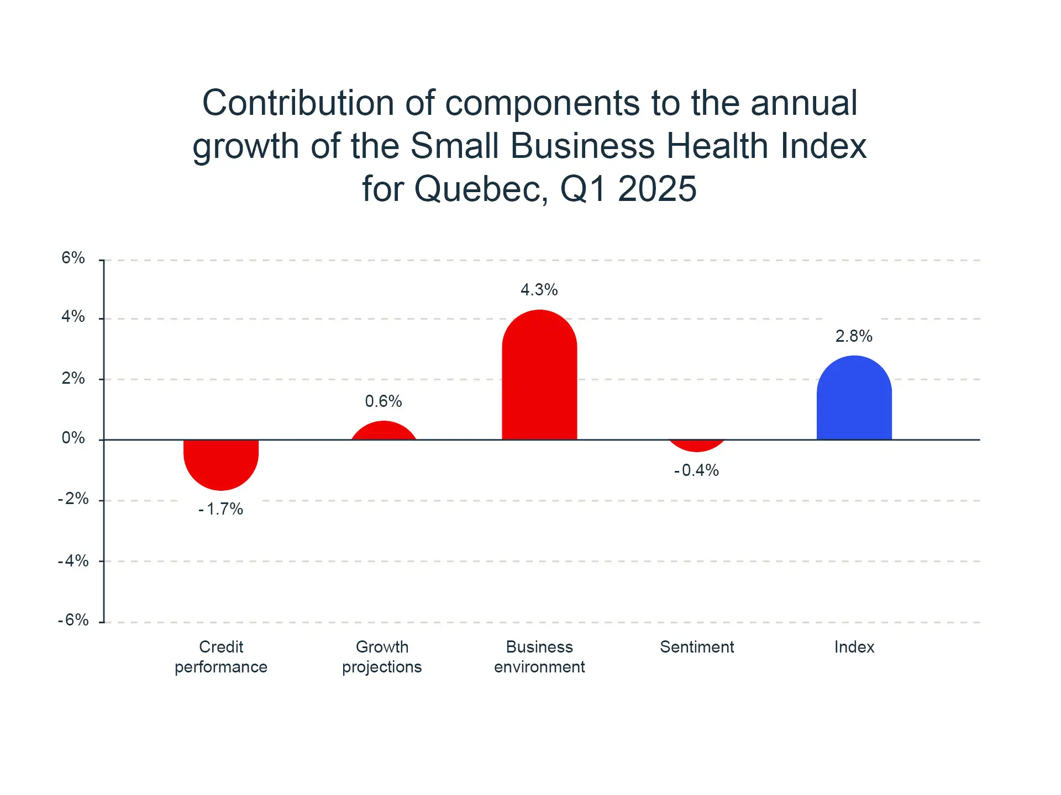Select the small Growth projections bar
coord(384,432)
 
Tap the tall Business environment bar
coord(539,375)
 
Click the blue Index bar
coord(854,399)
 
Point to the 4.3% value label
coord(539,290)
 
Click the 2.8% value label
coord(854,336)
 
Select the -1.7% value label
coord(220,509)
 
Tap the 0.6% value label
coord(384,401)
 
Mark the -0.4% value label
coord(696,470)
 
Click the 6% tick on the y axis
coord(73,258)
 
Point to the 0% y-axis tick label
coord(73,438)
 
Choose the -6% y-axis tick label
coord(73,620)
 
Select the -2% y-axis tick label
coord(73,499)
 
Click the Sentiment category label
coord(697,647)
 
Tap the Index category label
coord(854,647)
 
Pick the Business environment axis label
coord(539,657)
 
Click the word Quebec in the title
coord(481,189)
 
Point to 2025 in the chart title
coord(657,189)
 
